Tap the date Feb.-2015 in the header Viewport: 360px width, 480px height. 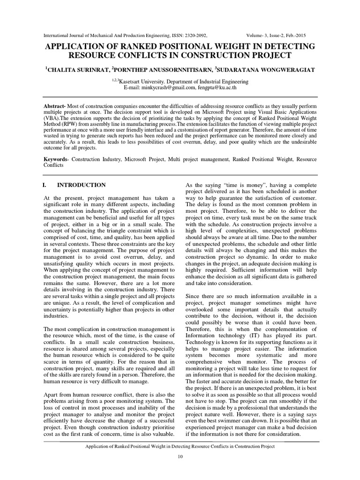coord(304,35)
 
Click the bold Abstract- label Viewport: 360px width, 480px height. coord(55,106)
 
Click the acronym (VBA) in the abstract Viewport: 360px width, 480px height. coord(52,120)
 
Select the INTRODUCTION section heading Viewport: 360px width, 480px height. coord(82,185)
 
